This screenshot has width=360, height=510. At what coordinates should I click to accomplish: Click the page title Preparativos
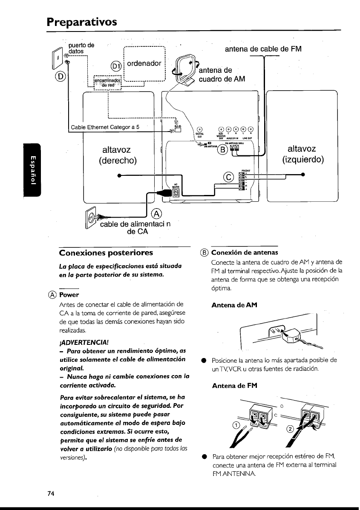[x=82, y=21]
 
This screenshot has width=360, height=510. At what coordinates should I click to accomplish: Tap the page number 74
[x=51, y=493]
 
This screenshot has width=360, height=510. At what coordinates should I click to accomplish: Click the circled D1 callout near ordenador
[x=116, y=66]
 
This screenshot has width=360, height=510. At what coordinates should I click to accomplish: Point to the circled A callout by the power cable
[x=157, y=213]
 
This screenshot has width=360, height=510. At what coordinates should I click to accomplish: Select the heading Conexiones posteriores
[x=106, y=253]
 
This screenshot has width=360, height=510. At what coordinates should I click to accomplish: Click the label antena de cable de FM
[x=263, y=49]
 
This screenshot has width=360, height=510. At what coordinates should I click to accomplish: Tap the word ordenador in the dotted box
[x=144, y=63]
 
